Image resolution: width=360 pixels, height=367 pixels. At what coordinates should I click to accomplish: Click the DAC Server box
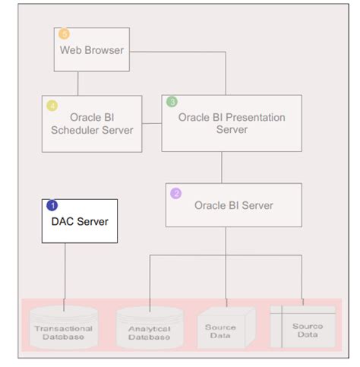pos(81,221)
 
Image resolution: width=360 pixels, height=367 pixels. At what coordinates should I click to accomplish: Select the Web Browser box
pos(92,50)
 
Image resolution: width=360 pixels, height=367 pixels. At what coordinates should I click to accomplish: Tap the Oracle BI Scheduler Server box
pos(91,123)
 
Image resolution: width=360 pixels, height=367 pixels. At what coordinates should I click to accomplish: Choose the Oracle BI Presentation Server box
pos(231,123)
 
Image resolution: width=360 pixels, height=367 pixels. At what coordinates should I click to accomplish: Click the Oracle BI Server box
pos(233,205)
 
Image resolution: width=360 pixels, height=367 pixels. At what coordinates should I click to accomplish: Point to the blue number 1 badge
pos(52,205)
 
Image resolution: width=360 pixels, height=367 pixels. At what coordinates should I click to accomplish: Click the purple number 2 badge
pos(175,193)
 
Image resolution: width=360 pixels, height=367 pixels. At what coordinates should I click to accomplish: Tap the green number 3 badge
pos(172,102)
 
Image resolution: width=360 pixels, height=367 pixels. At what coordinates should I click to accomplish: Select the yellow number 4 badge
pos(52,105)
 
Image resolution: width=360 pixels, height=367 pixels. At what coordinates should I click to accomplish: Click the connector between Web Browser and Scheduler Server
pos(78,84)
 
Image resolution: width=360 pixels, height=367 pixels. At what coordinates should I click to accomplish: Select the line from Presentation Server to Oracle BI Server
pos(222,167)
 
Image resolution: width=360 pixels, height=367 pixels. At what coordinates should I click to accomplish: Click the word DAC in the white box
pos(65,221)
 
